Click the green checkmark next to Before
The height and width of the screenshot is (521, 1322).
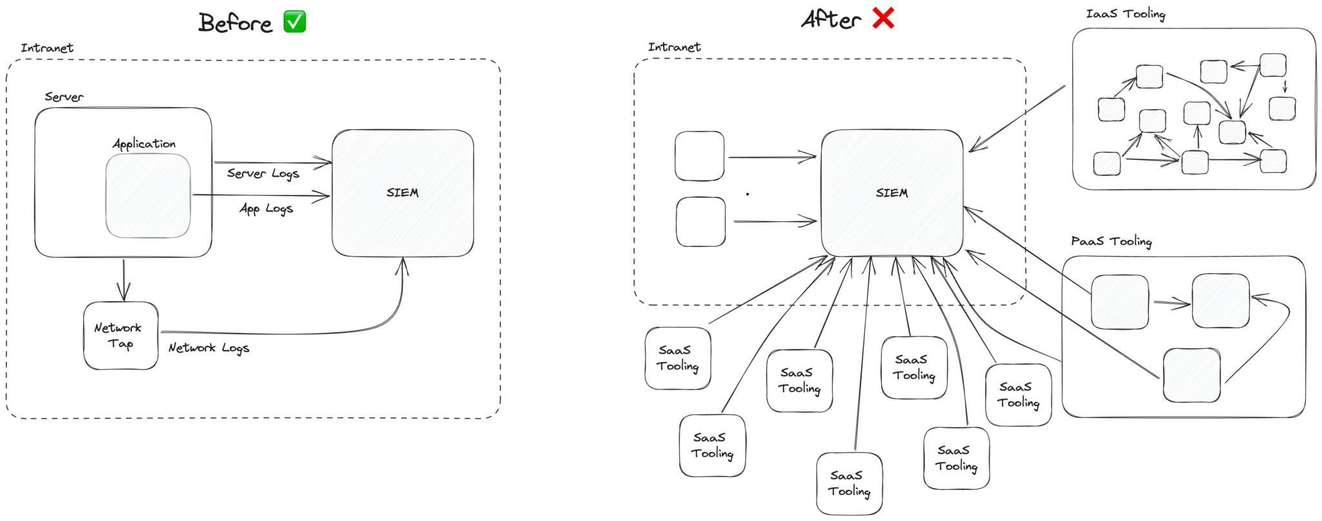click(295, 22)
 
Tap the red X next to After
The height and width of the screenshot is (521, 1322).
click(883, 19)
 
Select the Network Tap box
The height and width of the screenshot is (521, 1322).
click(121, 335)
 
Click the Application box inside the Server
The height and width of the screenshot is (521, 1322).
click(148, 195)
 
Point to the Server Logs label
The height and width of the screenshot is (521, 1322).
click(263, 173)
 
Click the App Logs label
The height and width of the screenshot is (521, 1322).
click(266, 208)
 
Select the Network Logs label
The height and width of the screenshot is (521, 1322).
click(208, 348)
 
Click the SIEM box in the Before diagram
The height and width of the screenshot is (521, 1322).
click(402, 193)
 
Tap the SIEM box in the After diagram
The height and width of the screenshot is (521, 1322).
click(891, 193)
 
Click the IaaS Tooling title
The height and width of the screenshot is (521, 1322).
click(1125, 14)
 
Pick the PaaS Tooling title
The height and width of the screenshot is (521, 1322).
click(1111, 241)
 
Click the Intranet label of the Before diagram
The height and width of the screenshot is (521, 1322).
click(46, 48)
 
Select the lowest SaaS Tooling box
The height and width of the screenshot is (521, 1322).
click(849, 484)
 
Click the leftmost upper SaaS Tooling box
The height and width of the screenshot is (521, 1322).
click(678, 358)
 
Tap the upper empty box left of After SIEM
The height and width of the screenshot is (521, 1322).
click(699, 156)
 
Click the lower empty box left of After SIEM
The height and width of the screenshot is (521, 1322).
click(700, 222)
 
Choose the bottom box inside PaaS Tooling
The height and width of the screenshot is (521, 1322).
click(1191, 375)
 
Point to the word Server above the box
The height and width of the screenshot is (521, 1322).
click(64, 97)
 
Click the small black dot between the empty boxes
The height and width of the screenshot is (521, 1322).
click(747, 193)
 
